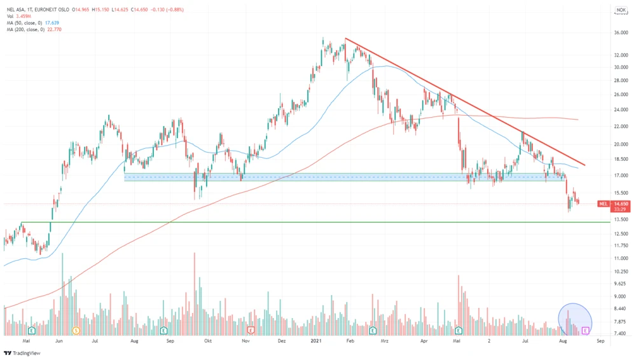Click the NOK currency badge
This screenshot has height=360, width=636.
(621, 10)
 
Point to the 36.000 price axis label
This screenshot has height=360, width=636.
(620, 33)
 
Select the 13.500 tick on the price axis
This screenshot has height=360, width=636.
(620, 219)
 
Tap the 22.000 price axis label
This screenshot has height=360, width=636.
(620, 127)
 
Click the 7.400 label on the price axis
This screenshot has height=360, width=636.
(620, 333)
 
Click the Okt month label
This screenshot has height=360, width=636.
(207, 341)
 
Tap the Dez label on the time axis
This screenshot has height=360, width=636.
(282, 341)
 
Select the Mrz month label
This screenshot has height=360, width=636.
(384, 341)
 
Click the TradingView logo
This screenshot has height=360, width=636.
(22, 353)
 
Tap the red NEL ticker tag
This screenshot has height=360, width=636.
(604, 204)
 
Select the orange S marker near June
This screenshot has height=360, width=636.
(76, 331)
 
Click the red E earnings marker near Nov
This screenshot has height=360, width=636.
(251, 331)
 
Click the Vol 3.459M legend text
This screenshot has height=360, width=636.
(20, 16)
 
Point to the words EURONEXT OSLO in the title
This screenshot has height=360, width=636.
(53, 10)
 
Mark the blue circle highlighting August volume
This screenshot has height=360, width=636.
(575, 319)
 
